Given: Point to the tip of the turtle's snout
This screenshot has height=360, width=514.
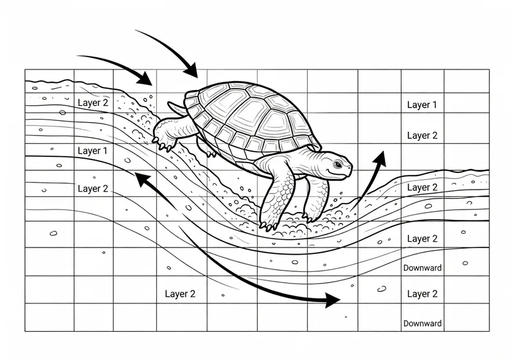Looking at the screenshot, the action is (351, 167).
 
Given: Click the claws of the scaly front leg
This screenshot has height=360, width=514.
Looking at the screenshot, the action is (269, 226).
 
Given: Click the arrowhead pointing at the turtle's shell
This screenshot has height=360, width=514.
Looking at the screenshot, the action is (191, 70).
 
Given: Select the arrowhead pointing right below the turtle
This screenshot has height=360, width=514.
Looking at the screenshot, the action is (332, 300).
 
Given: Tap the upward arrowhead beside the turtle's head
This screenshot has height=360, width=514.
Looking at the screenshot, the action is (380, 159).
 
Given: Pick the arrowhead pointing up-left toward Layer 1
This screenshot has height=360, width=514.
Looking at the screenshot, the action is (143, 180).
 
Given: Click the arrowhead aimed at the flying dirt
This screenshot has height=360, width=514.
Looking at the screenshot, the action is (144, 78).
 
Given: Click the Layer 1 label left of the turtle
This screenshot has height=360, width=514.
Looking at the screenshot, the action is (93, 151).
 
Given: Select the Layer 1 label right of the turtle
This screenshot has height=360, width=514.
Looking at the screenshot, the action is (422, 105).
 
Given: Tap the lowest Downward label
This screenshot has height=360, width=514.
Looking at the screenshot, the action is (422, 323).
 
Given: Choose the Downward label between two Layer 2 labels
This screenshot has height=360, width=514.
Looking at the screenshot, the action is (422, 268).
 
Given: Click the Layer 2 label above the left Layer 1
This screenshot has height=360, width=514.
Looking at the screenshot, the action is (93, 103).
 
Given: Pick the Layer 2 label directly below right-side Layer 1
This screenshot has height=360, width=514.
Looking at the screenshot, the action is (422, 136).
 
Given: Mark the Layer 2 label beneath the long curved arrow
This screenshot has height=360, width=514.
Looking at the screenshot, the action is (180, 294).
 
